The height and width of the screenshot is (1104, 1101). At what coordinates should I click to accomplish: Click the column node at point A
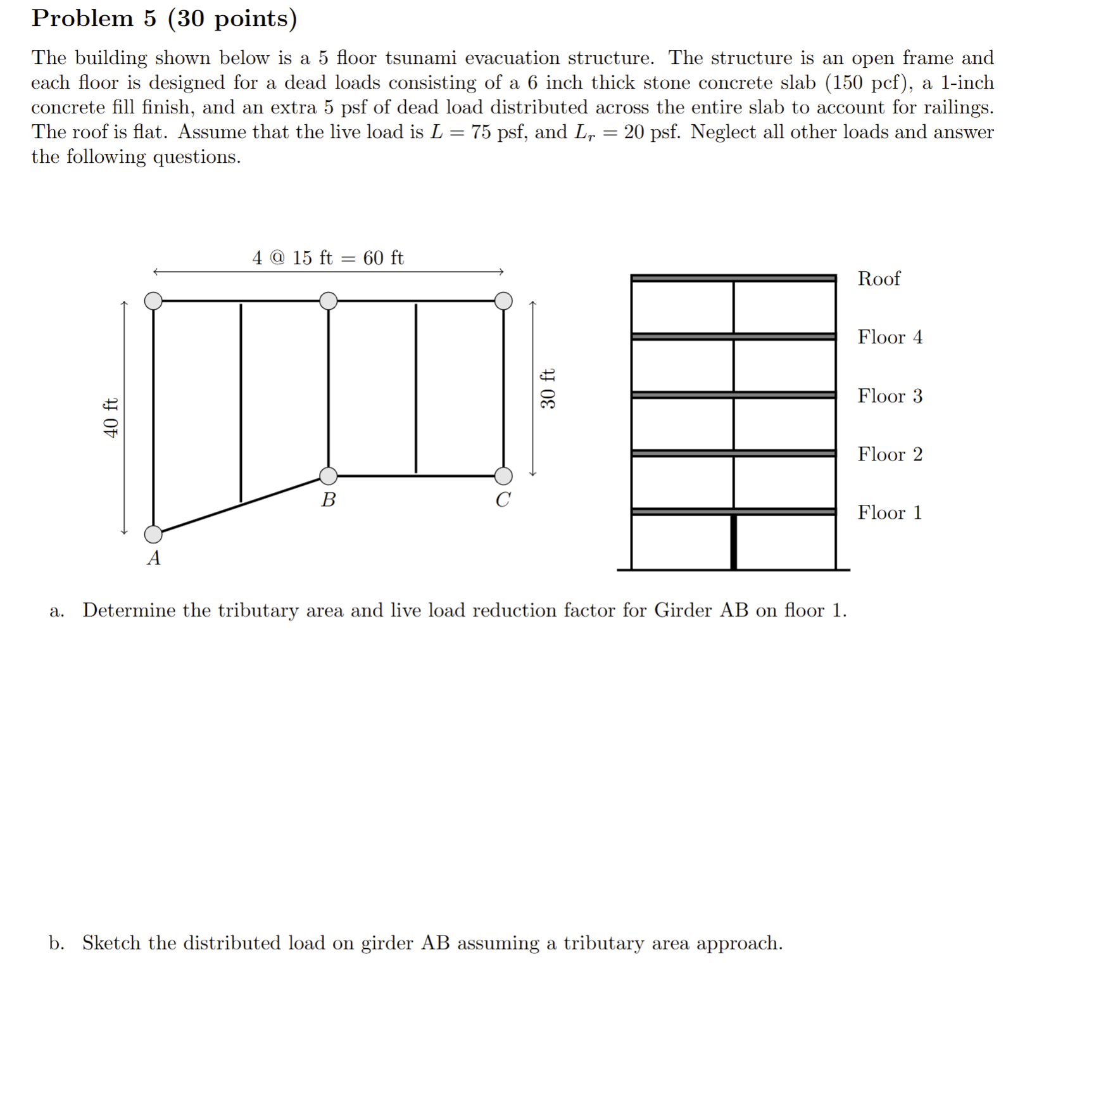(x=153, y=534)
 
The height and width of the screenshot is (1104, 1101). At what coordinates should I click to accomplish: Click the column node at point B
(x=328, y=476)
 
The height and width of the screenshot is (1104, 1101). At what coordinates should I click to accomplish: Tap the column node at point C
(x=503, y=476)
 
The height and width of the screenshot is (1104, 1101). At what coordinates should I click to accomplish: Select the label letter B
(x=328, y=500)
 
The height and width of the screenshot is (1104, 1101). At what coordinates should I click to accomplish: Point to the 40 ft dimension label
(x=111, y=417)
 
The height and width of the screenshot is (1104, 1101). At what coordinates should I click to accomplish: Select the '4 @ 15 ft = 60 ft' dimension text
(x=327, y=258)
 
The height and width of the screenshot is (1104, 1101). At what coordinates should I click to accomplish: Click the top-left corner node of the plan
(x=153, y=301)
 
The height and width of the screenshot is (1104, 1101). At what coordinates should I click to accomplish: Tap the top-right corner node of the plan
(x=503, y=301)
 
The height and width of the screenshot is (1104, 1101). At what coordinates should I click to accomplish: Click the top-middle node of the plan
(x=328, y=301)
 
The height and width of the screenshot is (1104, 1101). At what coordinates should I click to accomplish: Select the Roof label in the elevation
(x=878, y=279)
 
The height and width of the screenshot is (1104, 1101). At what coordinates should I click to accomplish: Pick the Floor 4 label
(x=890, y=337)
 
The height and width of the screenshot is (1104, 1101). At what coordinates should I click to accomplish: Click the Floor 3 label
(x=890, y=396)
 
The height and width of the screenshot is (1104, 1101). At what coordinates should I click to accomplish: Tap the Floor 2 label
(x=890, y=454)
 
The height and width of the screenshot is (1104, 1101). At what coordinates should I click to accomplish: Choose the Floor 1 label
(x=890, y=512)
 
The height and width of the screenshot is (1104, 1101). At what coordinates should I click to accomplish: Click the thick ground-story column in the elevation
(x=733, y=542)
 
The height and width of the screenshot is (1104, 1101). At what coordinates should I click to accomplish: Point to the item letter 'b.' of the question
(x=56, y=943)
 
